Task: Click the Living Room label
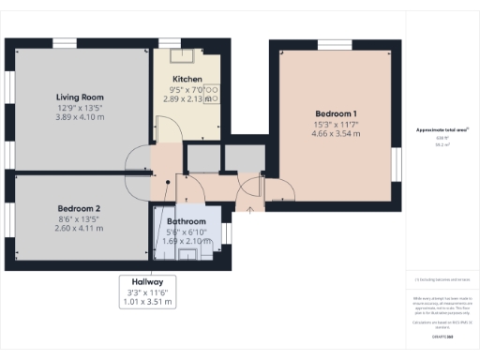pyautogui.click(x=79, y=97)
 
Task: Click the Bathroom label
pyautogui.click(x=187, y=221)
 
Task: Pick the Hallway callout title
pyautogui.click(x=147, y=281)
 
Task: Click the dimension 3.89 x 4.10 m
pyautogui.click(x=79, y=116)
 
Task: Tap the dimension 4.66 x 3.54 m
pyautogui.click(x=335, y=134)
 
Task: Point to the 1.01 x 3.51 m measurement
pyautogui.click(x=147, y=303)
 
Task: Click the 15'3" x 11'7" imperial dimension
pyautogui.click(x=335, y=124)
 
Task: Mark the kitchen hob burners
pyautogui.click(x=211, y=92)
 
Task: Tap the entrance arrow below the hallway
pyautogui.click(x=249, y=208)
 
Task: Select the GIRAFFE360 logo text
pyautogui.click(x=442, y=336)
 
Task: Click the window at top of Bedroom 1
pyautogui.click(x=334, y=43)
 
